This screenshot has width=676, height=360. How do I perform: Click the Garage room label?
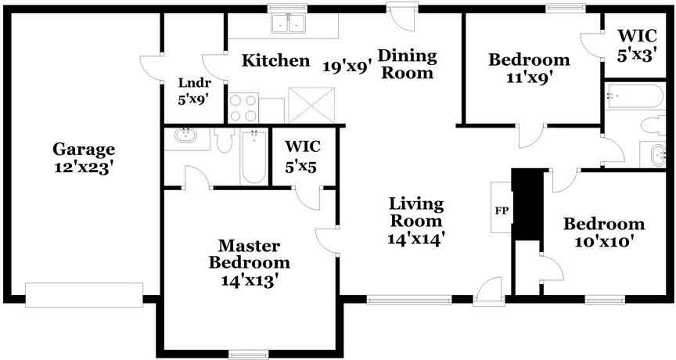click(84, 150)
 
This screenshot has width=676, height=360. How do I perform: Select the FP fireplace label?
click(502, 211)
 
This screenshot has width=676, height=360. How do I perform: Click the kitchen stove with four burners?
click(243, 107)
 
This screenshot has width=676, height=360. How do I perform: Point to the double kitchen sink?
click(288, 23)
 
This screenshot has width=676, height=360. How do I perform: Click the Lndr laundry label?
click(196, 82)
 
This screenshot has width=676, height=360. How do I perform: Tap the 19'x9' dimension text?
click(347, 67)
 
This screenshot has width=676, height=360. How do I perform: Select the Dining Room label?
click(408, 64)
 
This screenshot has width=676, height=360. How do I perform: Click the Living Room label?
click(416, 212)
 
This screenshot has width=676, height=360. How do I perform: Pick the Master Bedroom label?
click(249, 254)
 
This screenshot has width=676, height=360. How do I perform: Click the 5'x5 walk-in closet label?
click(301, 167)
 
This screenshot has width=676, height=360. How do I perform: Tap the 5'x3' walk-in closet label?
click(637, 56)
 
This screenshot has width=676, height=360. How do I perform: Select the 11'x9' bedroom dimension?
click(530, 77)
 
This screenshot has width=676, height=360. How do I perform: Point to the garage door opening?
click(84, 295)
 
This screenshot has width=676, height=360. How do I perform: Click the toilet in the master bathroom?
click(225, 140)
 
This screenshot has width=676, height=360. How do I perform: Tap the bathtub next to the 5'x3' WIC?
click(635, 96)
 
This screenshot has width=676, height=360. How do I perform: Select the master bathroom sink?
click(186, 136)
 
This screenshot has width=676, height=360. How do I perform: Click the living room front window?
click(409, 299)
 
